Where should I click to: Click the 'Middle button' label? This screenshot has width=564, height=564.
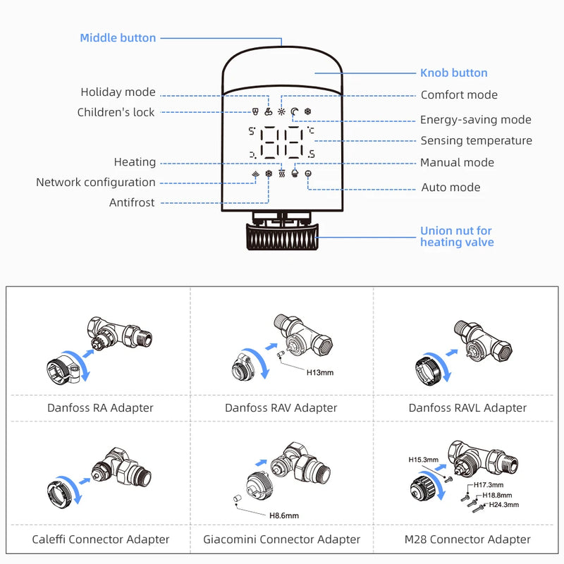pyautogui.click(x=118, y=38)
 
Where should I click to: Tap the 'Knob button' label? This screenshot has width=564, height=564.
pyautogui.click(x=453, y=73)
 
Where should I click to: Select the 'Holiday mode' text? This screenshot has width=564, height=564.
pyautogui.click(x=118, y=92)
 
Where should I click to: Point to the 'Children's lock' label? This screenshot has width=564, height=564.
pyautogui.click(x=116, y=112)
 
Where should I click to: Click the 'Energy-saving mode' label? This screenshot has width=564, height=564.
pyautogui.click(x=475, y=120)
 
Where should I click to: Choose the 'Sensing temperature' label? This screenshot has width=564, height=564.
pyautogui.click(x=476, y=141)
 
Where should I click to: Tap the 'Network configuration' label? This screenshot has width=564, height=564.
pyautogui.click(x=96, y=183)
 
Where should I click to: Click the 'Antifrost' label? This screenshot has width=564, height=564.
pyautogui.click(x=132, y=203)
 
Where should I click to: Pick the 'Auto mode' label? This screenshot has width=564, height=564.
pyautogui.click(x=450, y=188)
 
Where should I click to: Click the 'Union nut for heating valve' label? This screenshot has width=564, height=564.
pyautogui.click(x=456, y=236)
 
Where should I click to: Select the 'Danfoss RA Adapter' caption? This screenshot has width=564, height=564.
pyautogui.click(x=100, y=407)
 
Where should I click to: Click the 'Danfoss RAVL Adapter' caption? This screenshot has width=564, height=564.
pyautogui.click(x=467, y=407)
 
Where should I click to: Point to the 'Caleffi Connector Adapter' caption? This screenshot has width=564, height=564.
pyautogui.click(x=101, y=539)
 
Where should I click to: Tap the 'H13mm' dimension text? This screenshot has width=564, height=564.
pyautogui.click(x=319, y=372)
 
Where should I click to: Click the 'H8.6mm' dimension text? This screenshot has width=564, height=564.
pyautogui.click(x=283, y=515)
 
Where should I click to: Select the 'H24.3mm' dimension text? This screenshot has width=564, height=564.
pyautogui.click(x=503, y=505)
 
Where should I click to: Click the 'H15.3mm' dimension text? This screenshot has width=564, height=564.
pyautogui.click(x=423, y=459)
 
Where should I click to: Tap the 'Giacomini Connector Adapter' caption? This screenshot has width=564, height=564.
pyautogui.click(x=282, y=539)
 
